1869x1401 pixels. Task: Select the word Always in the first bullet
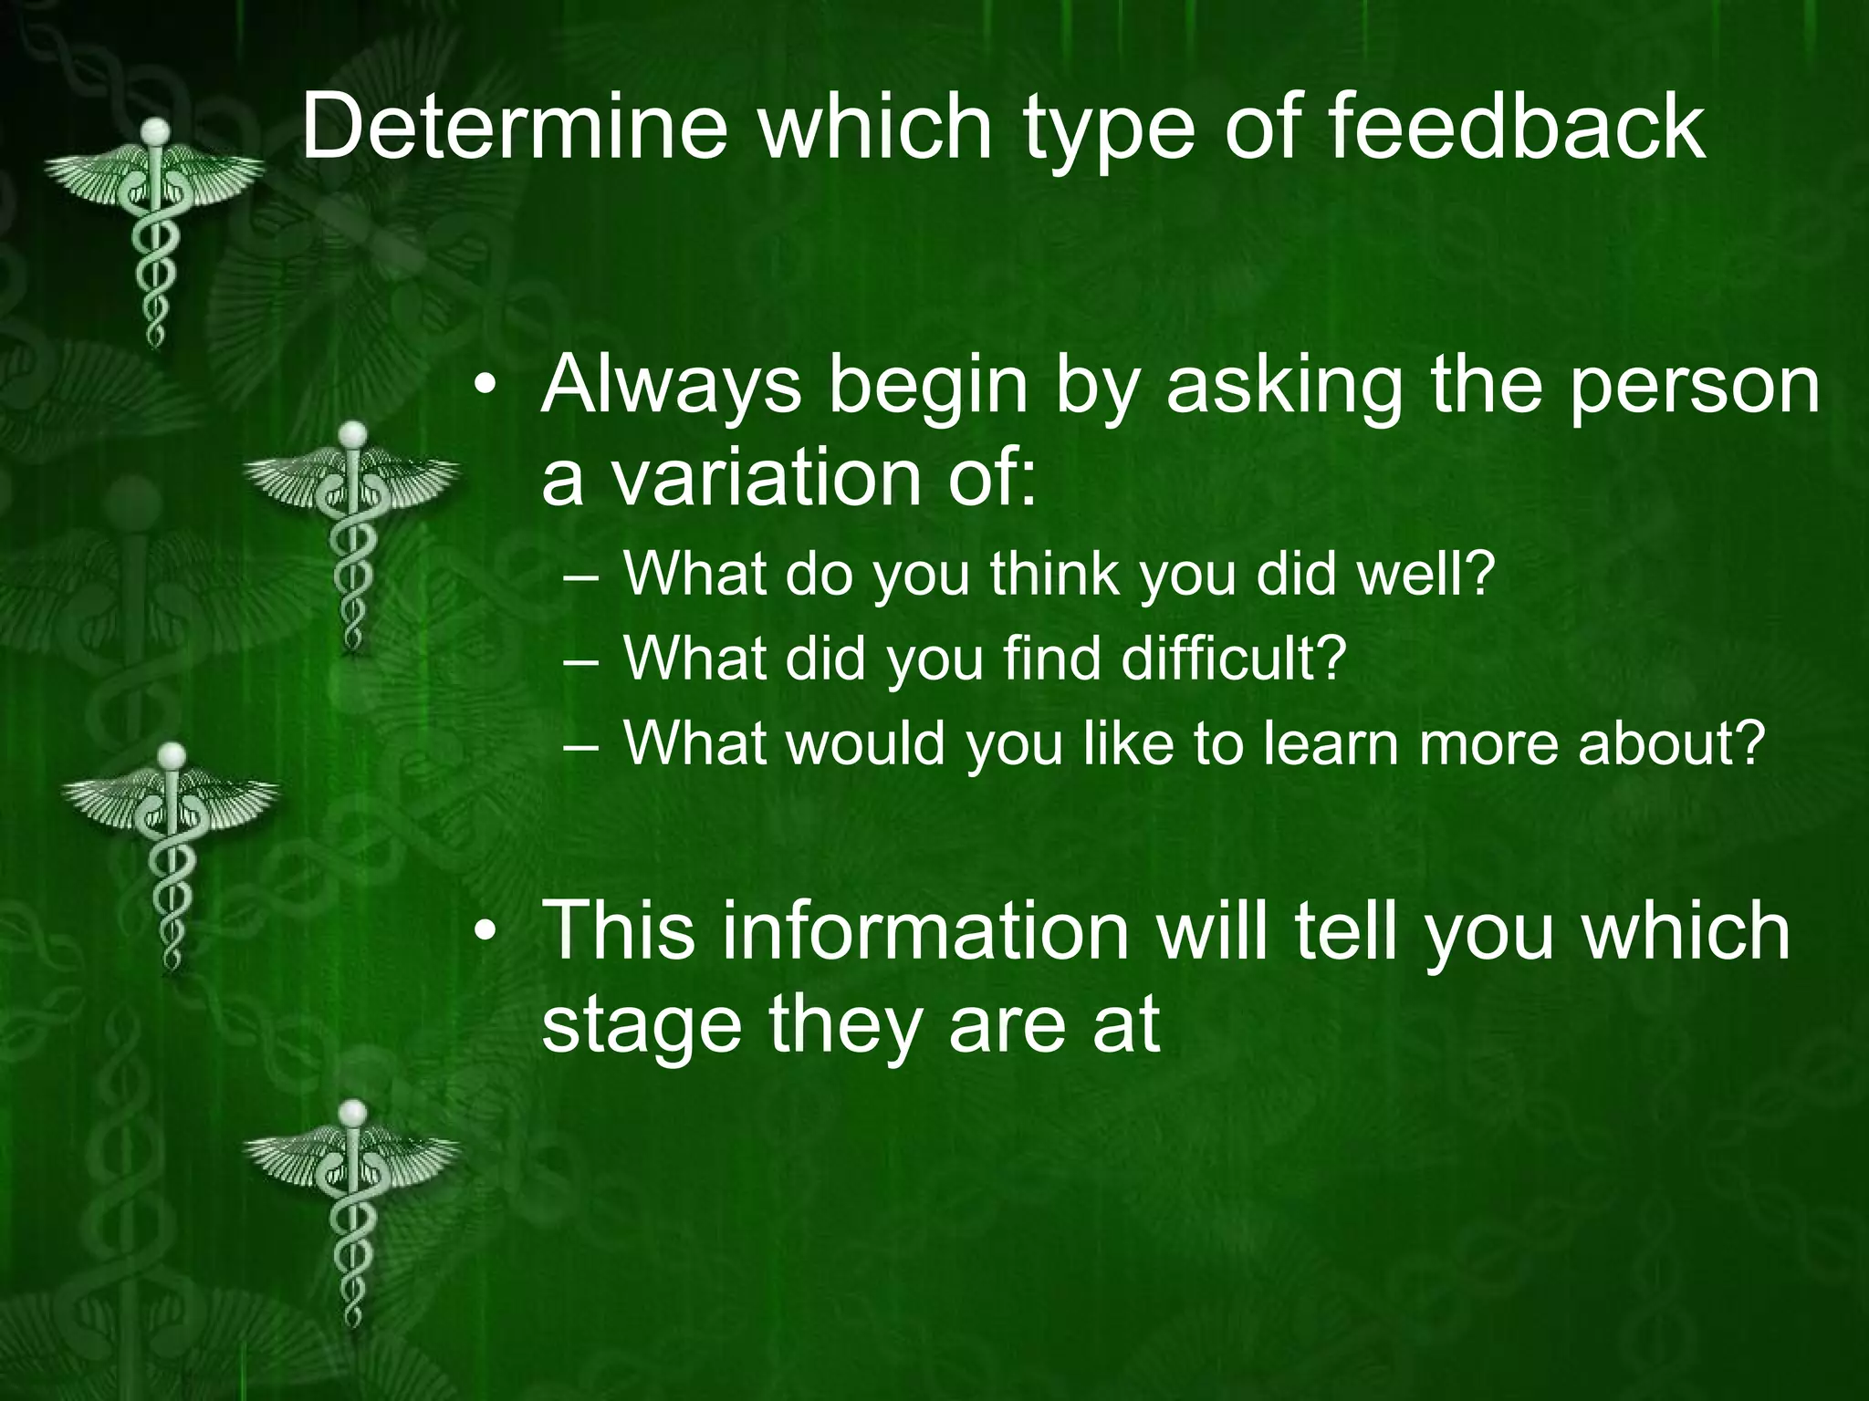671,385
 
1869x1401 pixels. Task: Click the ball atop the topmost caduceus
157,130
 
